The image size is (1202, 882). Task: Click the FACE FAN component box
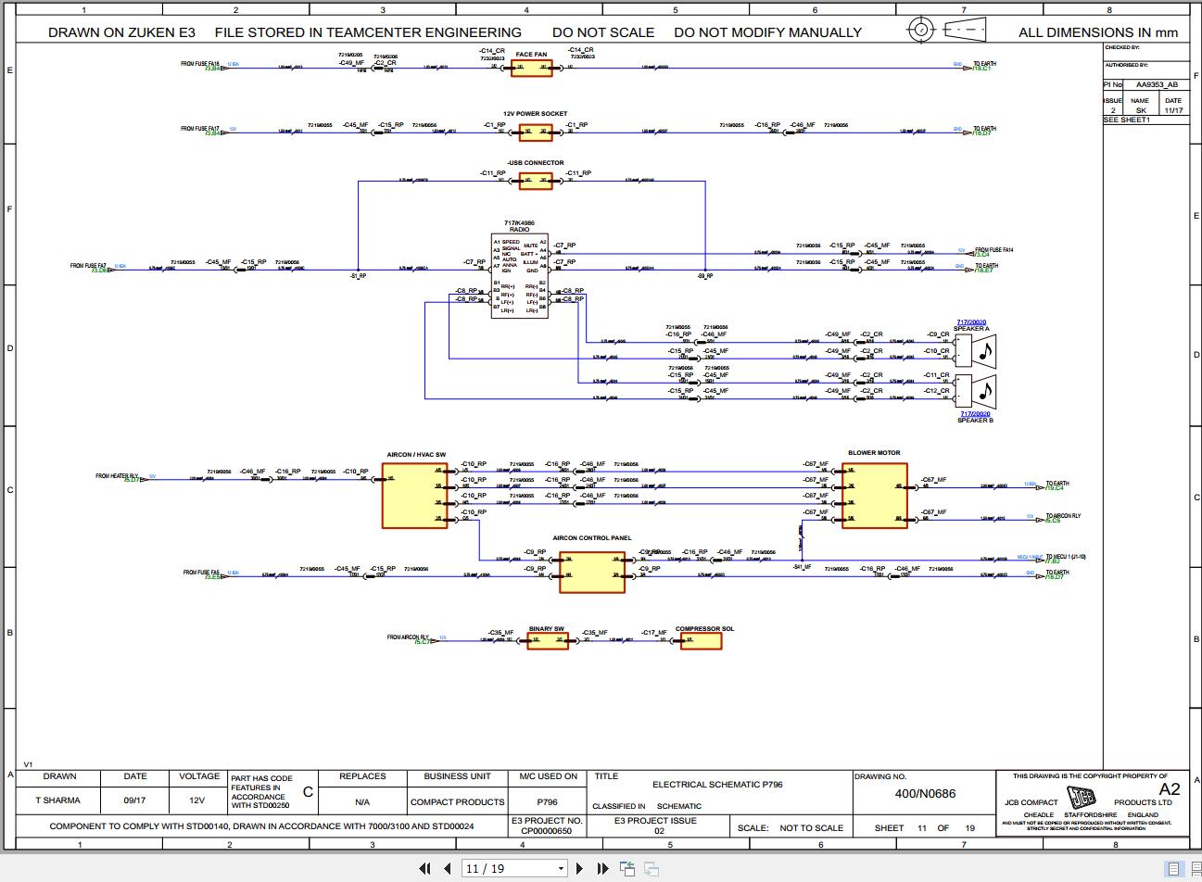[531, 68]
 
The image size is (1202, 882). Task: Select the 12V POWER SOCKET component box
[535, 132]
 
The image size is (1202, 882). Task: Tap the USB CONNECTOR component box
[535, 181]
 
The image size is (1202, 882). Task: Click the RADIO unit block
[519, 276]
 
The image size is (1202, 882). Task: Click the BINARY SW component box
[548, 640]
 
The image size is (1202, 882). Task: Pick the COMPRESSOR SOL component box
[701, 640]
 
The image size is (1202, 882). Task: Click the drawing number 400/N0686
[925, 794]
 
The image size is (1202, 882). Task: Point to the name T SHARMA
[58, 800]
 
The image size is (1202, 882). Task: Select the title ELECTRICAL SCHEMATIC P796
[717, 785]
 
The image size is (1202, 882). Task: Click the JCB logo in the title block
[1081, 798]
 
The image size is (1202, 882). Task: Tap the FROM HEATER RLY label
[117, 476]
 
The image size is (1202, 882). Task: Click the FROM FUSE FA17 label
[200, 129]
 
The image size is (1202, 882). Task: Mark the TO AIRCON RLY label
[1063, 516]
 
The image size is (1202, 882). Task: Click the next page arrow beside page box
[580, 868]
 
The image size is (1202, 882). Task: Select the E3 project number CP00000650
[547, 831]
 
